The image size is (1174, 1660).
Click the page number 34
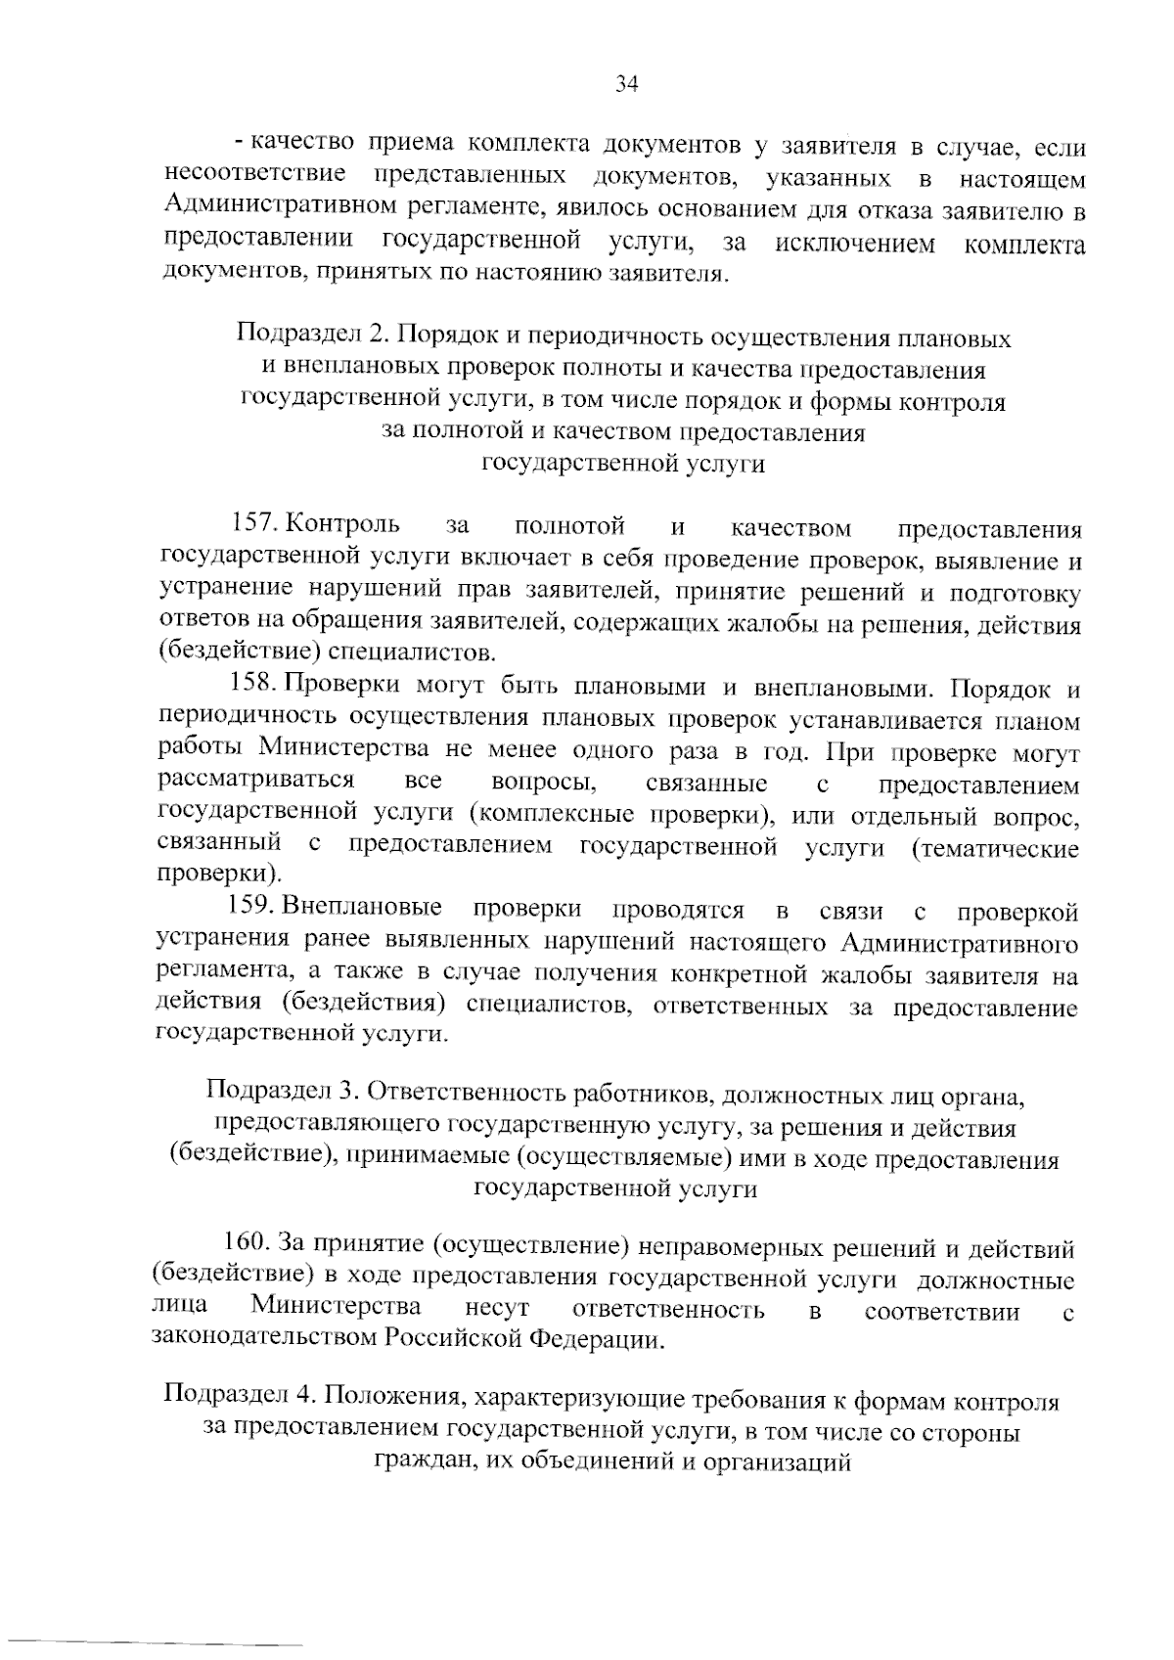pyautogui.click(x=626, y=84)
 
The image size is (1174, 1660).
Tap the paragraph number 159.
pyautogui.click(x=253, y=909)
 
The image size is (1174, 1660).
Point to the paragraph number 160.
pyautogui.click(x=248, y=1244)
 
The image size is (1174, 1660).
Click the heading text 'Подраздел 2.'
pyautogui.click(x=313, y=338)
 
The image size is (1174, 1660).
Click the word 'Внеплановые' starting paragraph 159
pyautogui.click(x=362, y=909)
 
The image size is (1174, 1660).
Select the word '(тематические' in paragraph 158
pyautogui.click(x=995, y=847)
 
